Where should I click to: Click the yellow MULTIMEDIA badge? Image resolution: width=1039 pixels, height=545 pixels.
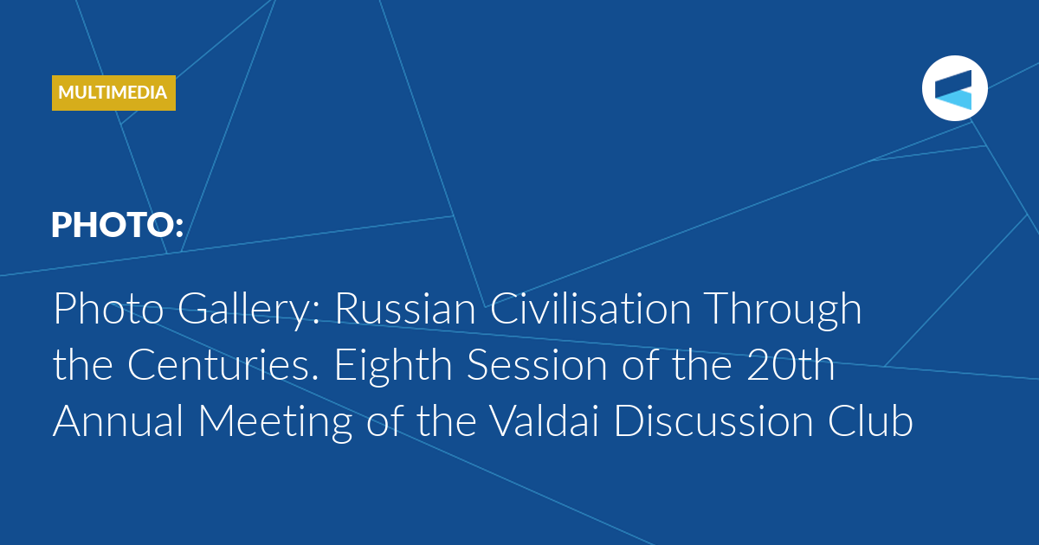(113, 93)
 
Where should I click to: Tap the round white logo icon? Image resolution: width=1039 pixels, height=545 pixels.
(954, 88)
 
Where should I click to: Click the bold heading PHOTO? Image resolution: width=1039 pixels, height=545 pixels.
(118, 225)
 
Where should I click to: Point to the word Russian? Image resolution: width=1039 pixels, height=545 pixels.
(405, 308)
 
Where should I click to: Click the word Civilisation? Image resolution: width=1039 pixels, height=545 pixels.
(590, 308)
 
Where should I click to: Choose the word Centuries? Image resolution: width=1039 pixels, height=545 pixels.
(223, 365)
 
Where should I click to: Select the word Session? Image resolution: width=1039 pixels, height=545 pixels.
(537, 365)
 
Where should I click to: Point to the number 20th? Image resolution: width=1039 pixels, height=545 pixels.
(791, 364)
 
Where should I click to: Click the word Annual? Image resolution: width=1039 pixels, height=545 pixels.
(119, 420)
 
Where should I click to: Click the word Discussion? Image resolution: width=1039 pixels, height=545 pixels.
(713, 420)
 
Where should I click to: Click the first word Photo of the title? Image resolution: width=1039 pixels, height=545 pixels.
(108, 308)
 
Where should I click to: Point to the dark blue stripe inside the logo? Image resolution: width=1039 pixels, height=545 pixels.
(953, 82)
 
